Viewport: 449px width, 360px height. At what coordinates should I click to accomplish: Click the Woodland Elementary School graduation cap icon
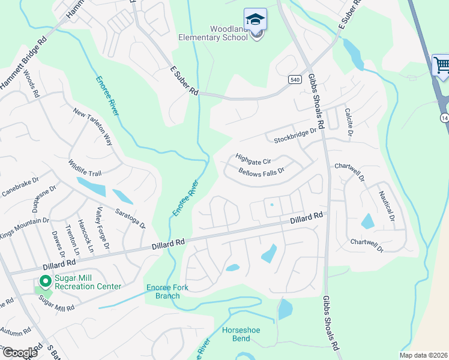[255, 19]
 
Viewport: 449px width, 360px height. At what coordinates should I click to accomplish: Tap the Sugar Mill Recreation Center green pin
[45, 280]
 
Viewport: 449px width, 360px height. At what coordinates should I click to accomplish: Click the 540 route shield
[294, 79]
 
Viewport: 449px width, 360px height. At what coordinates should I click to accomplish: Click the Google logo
[19, 353]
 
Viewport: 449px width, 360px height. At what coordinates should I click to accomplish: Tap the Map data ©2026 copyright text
[423, 355]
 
